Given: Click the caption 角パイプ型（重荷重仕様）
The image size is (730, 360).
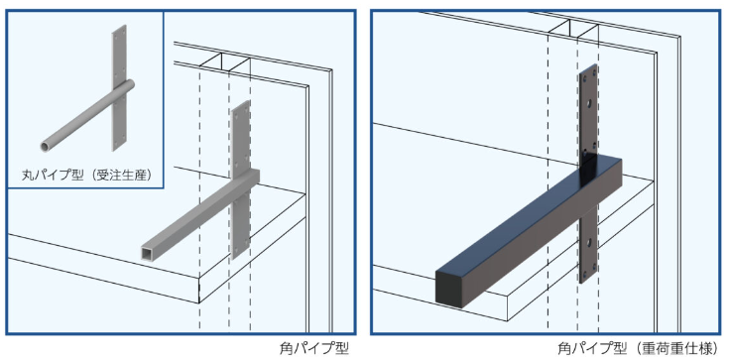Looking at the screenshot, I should click(636, 348).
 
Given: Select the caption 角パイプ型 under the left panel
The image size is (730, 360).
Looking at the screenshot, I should click(313, 348).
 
